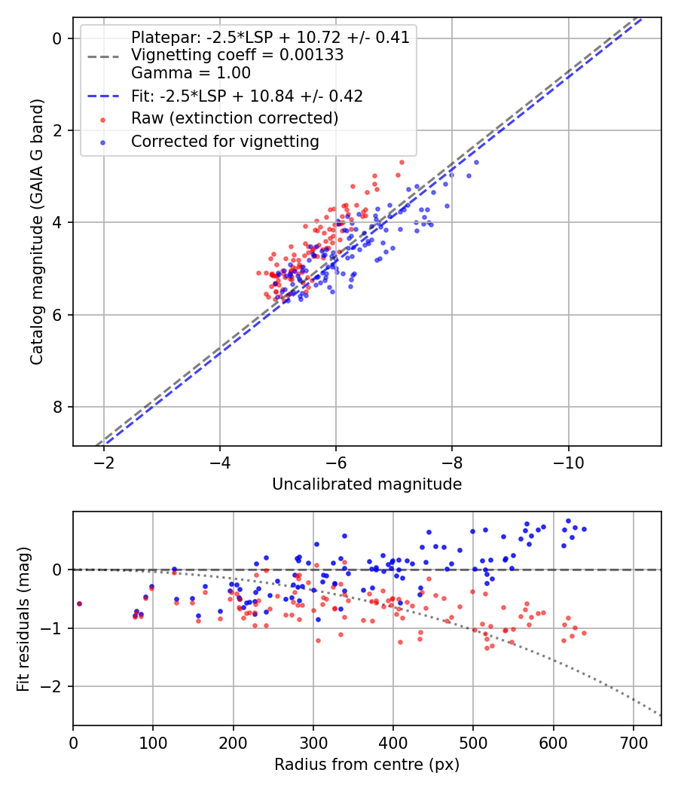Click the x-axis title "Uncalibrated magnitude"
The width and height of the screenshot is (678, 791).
coord(367,484)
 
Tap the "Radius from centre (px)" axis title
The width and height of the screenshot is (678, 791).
coord(367,765)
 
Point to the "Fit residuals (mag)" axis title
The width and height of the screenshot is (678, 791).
coord(23,618)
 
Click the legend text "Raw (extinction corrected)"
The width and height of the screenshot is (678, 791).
coord(234,118)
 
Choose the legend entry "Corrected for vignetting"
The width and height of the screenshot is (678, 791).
coord(225,141)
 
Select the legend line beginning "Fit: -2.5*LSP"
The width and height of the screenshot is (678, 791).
coord(247,96)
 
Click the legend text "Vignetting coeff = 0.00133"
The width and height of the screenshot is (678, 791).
coord(237,55)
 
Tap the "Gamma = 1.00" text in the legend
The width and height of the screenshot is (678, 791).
coord(191,73)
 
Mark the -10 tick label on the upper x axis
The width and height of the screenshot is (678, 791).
coord(569,462)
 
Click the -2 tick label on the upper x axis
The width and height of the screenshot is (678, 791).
coord(104,462)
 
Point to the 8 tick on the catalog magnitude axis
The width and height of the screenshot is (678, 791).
coord(56,408)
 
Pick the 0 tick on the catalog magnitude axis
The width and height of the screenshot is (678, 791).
coord(56,38)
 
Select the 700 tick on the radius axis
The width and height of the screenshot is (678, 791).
coord(633,741)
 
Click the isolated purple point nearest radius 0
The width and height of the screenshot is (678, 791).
coord(79,603)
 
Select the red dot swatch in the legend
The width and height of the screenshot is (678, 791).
coord(102,119)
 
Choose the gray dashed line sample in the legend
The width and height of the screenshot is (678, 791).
coord(102,56)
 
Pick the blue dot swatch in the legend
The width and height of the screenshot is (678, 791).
coord(102,142)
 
